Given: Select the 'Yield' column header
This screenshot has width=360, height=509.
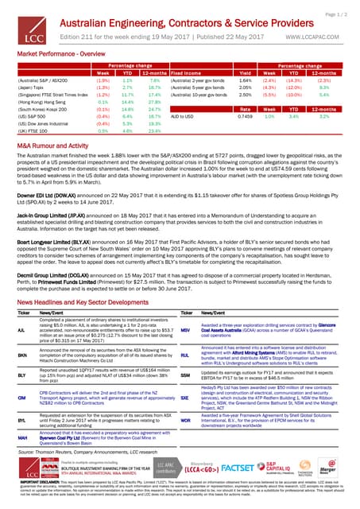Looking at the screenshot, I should (246, 72).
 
